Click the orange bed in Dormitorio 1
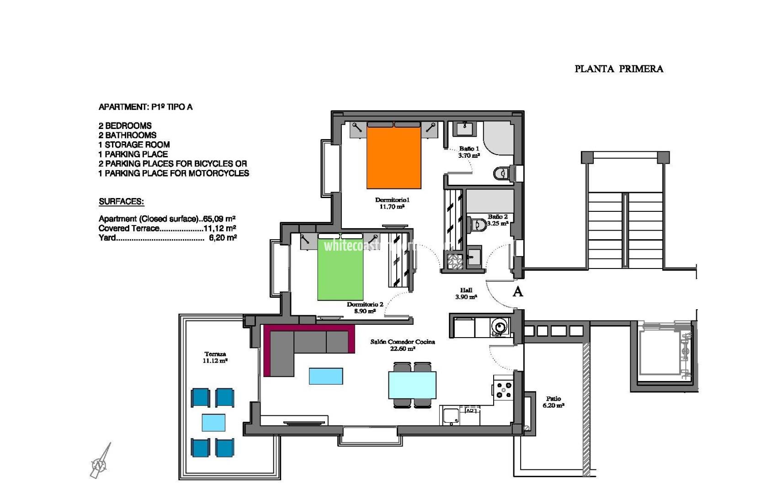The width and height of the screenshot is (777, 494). click(x=394, y=158)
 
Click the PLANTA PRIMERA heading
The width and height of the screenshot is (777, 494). click(x=618, y=69)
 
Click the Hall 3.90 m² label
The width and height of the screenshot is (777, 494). click(x=466, y=293)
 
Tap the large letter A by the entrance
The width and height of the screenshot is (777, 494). click(x=517, y=292)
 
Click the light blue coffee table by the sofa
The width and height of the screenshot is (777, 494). click(x=326, y=376)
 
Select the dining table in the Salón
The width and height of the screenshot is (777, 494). click(x=412, y=385)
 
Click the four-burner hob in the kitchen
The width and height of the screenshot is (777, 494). click(x=504, y=390)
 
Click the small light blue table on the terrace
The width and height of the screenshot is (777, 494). click(x=213, y=423)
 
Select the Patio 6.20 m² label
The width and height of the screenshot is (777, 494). click(x=553, y=402)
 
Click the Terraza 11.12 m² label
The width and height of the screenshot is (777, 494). click(x=215, y=357)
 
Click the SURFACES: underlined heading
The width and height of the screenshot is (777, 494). click(x=121, y=202)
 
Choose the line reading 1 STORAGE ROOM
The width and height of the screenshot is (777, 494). click(x=134, y=145)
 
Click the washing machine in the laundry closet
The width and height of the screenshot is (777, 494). click(x=500, y=327)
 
